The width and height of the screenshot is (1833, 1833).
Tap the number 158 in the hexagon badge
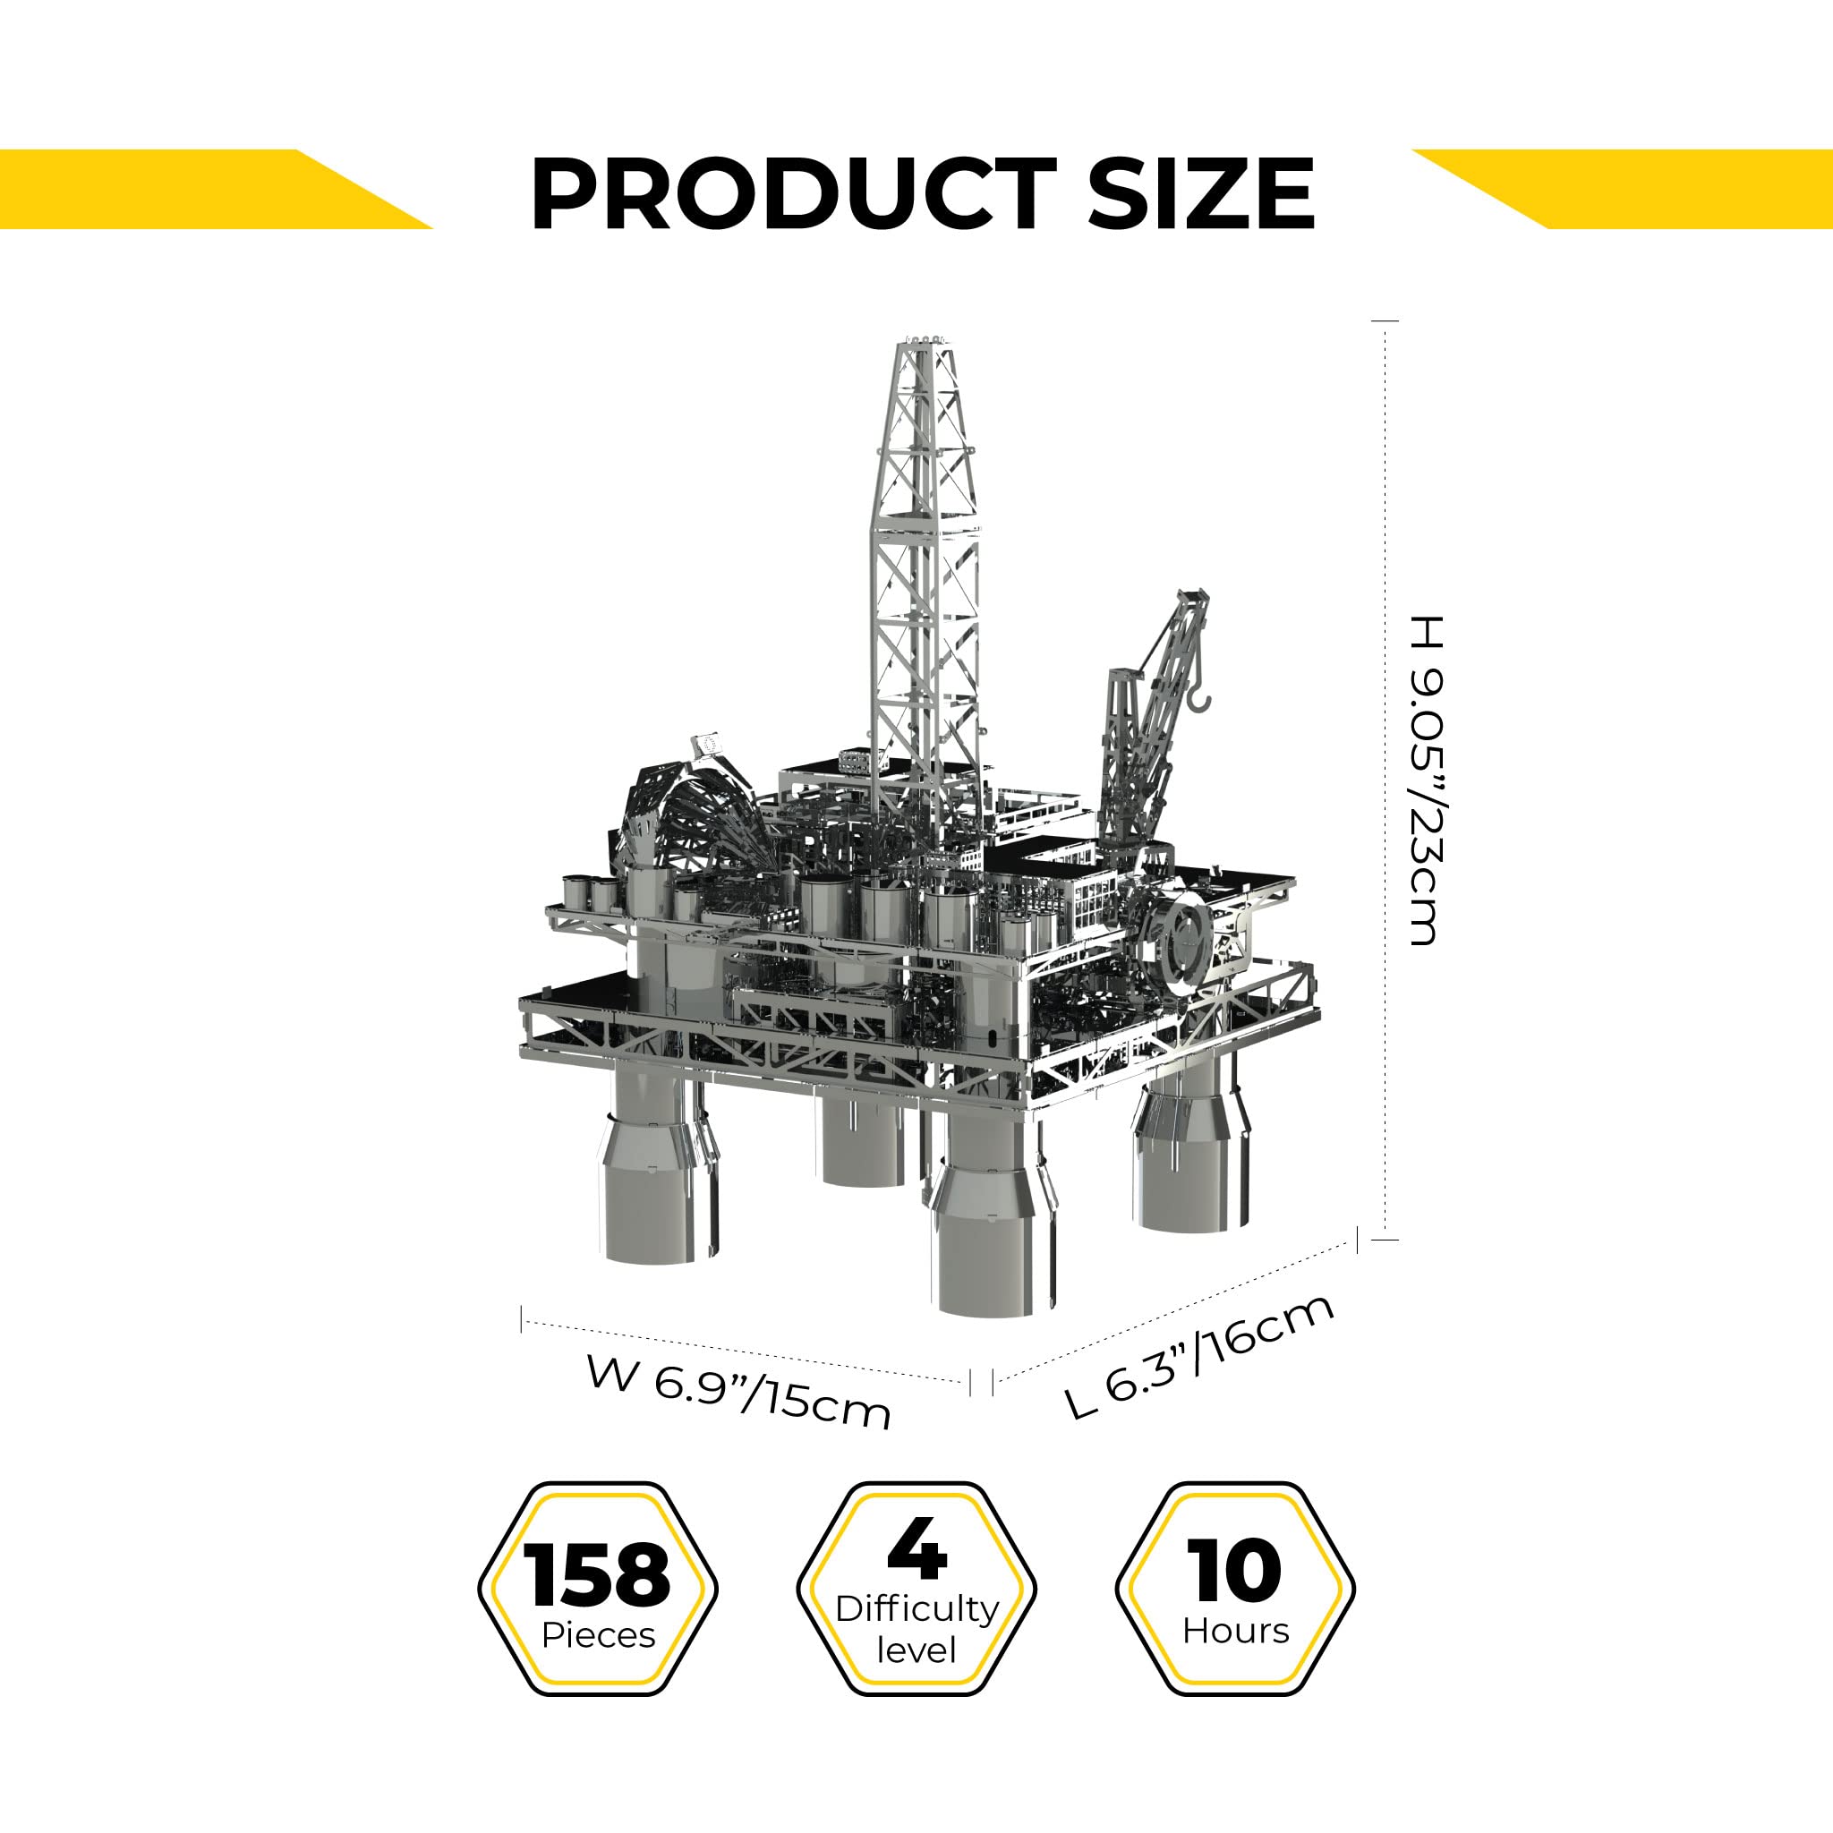click(x=599, y=1575)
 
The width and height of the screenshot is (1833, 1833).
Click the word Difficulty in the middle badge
click(x=916, y=1609)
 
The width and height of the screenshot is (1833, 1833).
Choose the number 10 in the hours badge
click(x=1234, y=1572)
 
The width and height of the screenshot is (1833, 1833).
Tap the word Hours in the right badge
click(x=1235, y=1631)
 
